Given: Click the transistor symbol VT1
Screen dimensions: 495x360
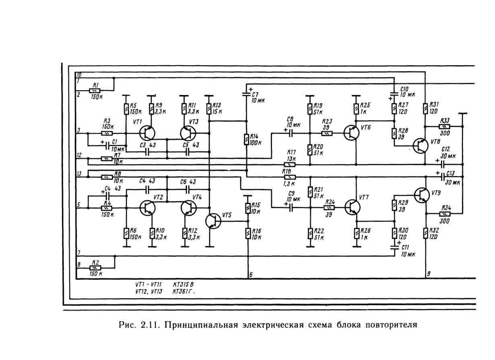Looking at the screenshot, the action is tap(147, 133).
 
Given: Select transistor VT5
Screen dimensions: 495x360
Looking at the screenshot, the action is tap(213, 221).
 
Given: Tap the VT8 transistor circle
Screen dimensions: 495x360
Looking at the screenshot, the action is tap(421, 146).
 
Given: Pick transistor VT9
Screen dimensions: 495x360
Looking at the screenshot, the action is tap(422, 195).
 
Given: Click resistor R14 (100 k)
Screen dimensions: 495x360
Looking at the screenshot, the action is tap(247, 139).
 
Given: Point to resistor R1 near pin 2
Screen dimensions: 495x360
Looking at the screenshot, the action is tap(95, 91).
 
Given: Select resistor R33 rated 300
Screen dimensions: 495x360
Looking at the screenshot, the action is tap(444, 126).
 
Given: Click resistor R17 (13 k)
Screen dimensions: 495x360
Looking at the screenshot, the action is tap(289, 165).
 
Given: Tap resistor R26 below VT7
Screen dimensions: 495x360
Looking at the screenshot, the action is tap(357, 234).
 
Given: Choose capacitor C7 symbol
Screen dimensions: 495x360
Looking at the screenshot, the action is tap(247, 94).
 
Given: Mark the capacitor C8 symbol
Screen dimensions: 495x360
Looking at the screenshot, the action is tap(291, 133).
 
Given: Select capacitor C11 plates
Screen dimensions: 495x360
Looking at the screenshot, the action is tap(394, 247).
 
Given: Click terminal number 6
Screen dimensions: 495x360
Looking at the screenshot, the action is tap(251, 275).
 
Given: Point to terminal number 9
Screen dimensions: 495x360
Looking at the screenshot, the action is tap(429, 274).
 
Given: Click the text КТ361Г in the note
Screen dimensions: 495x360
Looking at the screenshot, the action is tap(184, 292).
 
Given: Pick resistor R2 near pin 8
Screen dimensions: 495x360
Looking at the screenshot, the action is tap(95, 268).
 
